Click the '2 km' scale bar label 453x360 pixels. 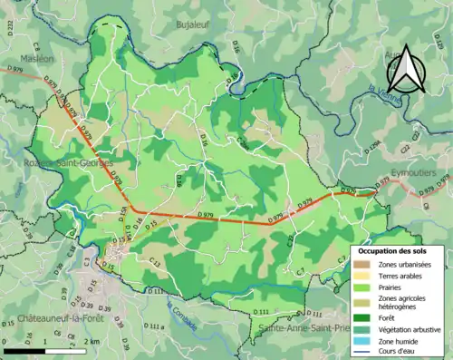coord(92,341)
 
